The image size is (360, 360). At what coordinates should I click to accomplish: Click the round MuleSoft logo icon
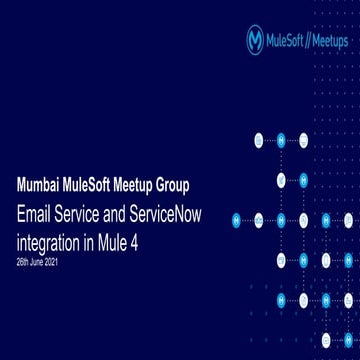click(x=255, y=39)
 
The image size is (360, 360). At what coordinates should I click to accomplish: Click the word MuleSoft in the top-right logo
click(x=289, y=40)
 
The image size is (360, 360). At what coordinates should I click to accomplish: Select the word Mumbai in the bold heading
click(x=41, y=185)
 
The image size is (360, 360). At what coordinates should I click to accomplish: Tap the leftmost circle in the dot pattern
click(x=237, y=218)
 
